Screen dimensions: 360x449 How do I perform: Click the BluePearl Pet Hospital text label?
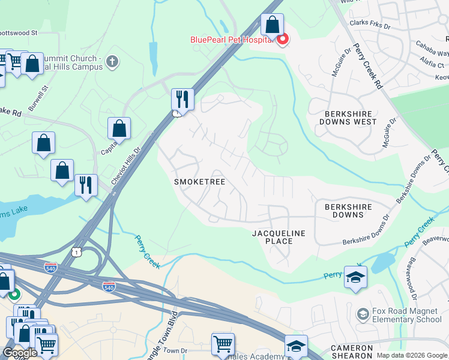[x=232, y=40]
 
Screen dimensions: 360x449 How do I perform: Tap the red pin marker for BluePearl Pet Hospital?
[x=282, y=39]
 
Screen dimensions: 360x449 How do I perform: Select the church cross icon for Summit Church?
[x=112, y=61]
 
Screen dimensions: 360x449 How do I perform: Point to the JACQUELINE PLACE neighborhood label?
[x=279, y=237]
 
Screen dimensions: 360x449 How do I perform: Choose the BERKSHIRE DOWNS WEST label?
[x=351, y=118]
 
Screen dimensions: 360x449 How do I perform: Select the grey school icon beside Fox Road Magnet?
[x=363, y=314]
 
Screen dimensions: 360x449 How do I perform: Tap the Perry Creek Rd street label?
[x=368, y=66]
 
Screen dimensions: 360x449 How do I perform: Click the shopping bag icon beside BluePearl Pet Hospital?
[x=272, y=25]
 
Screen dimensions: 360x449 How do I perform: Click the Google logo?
[x=20, y=353]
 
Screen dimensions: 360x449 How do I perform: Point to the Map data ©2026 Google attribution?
[x=411, y=355]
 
